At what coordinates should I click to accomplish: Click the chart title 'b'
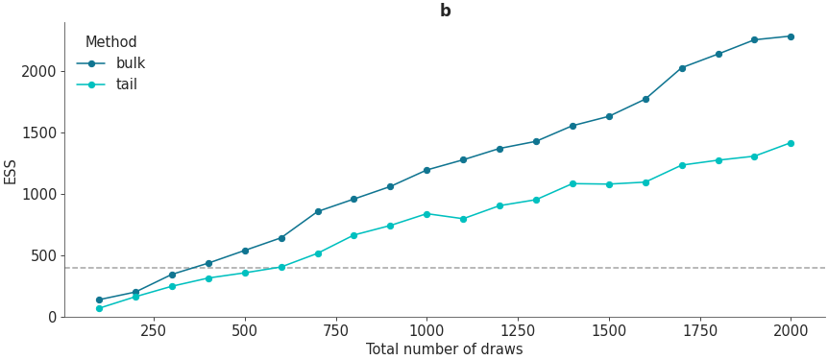click(445, 11)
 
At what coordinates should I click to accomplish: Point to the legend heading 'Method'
click(110, 42)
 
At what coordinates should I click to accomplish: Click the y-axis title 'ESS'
click(11, 171)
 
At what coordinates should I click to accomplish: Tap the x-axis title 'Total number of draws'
click(444, 349)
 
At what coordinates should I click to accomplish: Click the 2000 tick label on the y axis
click(39, 71)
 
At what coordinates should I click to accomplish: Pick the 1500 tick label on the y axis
click(39, 132)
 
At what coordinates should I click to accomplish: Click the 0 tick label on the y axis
click(53, 317)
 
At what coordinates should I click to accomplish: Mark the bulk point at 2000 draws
click(791, 36)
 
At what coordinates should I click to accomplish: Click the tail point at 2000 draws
click(791, 143)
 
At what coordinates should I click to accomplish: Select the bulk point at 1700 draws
click(682, 68)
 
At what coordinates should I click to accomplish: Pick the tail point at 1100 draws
click(463, 219)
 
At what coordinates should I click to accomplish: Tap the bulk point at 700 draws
click(318, 211)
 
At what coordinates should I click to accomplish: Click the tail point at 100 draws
click(99, 308)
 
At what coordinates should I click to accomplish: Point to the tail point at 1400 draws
click(572, 183)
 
